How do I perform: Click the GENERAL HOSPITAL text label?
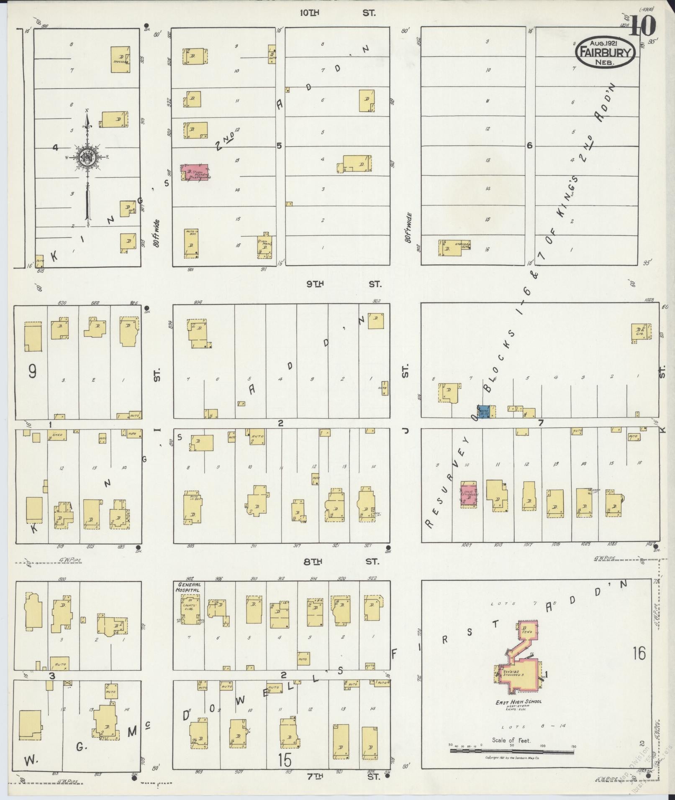(x=190, y=587)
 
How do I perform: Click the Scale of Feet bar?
(x=511, y=751)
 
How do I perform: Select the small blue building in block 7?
(x=484, y=412)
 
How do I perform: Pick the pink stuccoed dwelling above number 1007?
(x=469, y=494)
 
